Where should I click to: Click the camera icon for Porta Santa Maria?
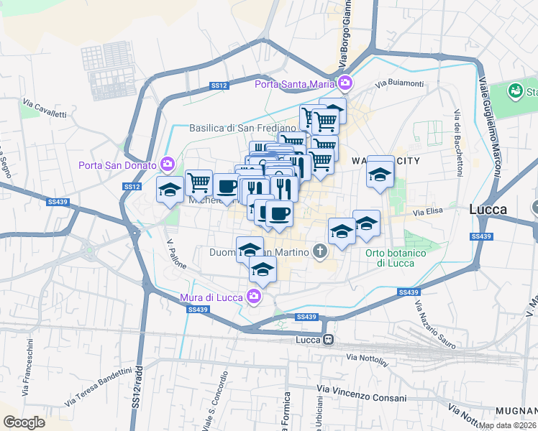pos(345,84)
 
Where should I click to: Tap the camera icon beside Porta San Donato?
pos(168,165)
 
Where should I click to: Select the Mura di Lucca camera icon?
pos(253,295)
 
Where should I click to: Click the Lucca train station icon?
pos(328,340)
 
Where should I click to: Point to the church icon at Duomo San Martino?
pos(320,251)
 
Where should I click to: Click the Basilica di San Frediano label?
pos(232,128)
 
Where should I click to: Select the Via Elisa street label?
pos(426,213)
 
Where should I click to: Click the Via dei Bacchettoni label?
pos(457,144)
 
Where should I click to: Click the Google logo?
pos(24,422)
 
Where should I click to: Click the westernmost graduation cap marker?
pos(170,190)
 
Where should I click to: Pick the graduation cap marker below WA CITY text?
pos(380,174)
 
